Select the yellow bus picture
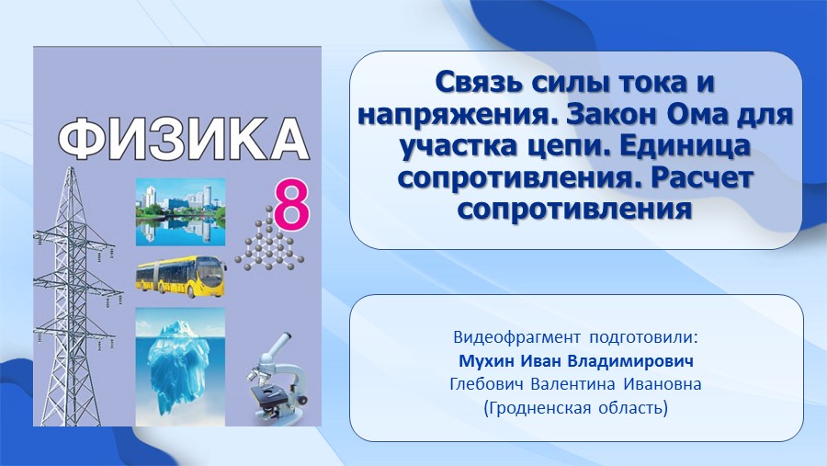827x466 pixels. tap(181, 277)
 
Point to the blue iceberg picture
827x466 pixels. tap(180, 367)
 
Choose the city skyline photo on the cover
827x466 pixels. tap(180, 212)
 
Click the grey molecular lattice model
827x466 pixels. tap(269, 239)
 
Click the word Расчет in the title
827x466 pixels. tap(701, 177)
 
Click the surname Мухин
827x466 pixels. tap(487, 361)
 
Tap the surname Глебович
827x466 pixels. tap(487, 384)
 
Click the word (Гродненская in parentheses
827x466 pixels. tap(538, 408)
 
